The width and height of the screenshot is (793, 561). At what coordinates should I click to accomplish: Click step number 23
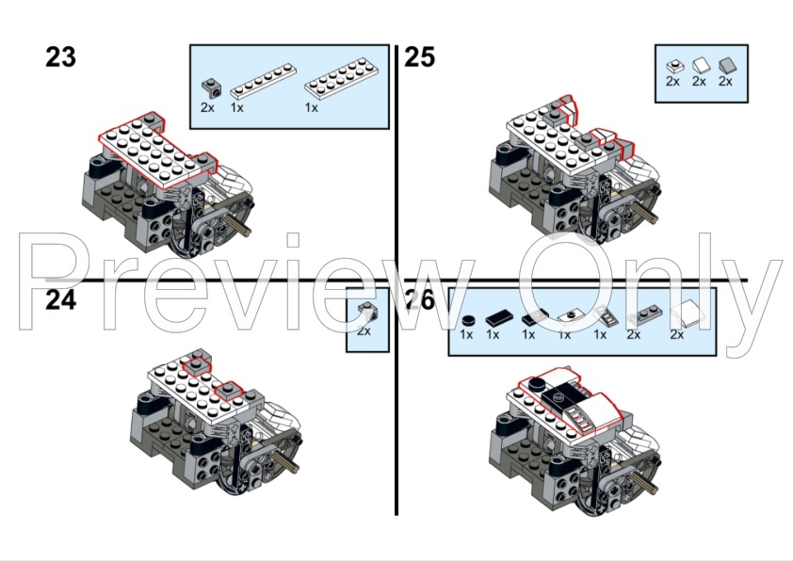tap(60, 57)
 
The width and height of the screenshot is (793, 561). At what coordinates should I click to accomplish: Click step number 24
tap(60, 299)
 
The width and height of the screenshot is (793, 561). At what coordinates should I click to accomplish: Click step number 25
tap(419, 57)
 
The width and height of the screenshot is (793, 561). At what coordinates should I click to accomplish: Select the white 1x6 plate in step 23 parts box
tap(263, 81)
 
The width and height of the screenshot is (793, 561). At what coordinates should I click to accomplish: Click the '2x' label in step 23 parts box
tap(207, 107)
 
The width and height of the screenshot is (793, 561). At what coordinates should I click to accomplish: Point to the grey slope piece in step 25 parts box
tap(727, 66)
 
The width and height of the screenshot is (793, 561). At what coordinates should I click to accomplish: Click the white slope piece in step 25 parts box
tap(701, 66)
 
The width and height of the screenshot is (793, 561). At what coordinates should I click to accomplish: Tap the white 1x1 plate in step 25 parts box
tap(674, 66)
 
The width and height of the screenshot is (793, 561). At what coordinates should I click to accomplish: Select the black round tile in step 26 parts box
tap(469, 320)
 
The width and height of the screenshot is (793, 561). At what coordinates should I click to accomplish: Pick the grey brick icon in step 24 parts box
tap(366, 311)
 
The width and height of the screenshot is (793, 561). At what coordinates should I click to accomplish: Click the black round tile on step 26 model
tap(536, 384)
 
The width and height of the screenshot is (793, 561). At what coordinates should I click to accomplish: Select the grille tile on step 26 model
tap(580, 418)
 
